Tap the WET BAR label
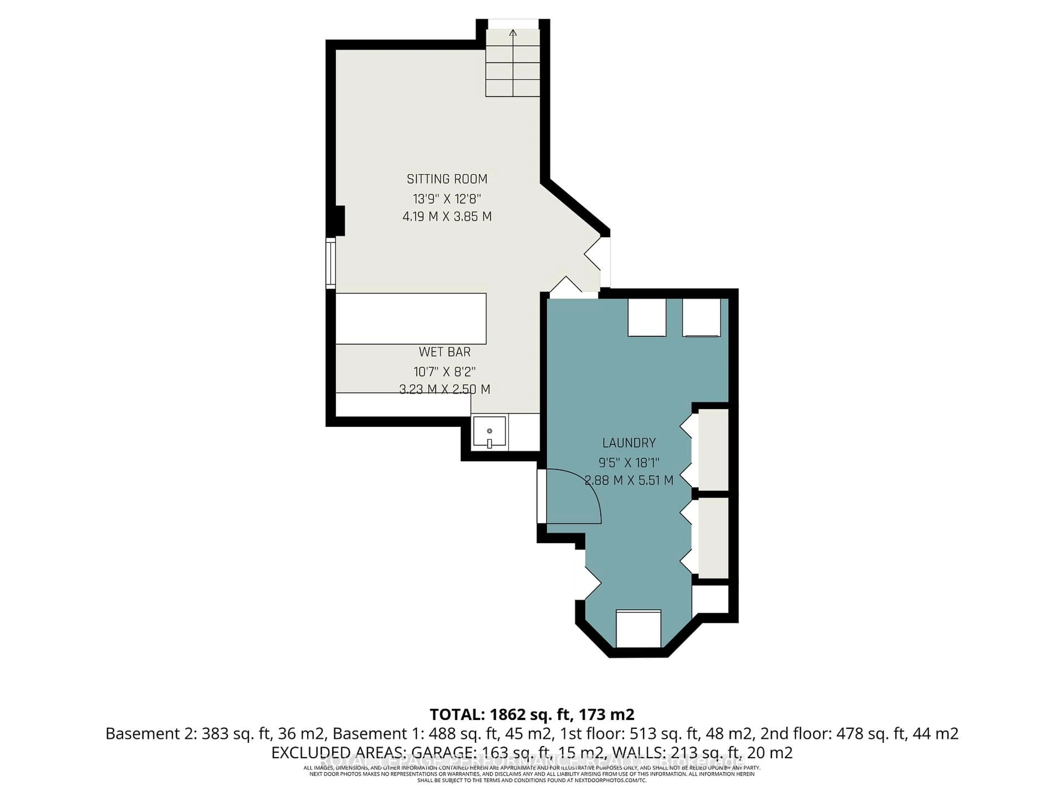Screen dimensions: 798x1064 click(x=444, y=352)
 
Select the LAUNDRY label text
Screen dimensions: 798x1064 click(x=629, y=443)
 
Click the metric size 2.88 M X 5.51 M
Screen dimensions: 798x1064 click(x=629, y=480)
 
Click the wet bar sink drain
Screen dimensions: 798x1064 click(x=489, y=431)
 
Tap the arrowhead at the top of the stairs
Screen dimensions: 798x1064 click(x=513, y=33)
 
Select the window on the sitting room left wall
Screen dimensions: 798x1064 click(x=331, y=264)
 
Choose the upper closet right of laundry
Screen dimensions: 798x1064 click(x=713, y=450)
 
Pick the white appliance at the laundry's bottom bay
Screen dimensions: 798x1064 click(x=638, y=629)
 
